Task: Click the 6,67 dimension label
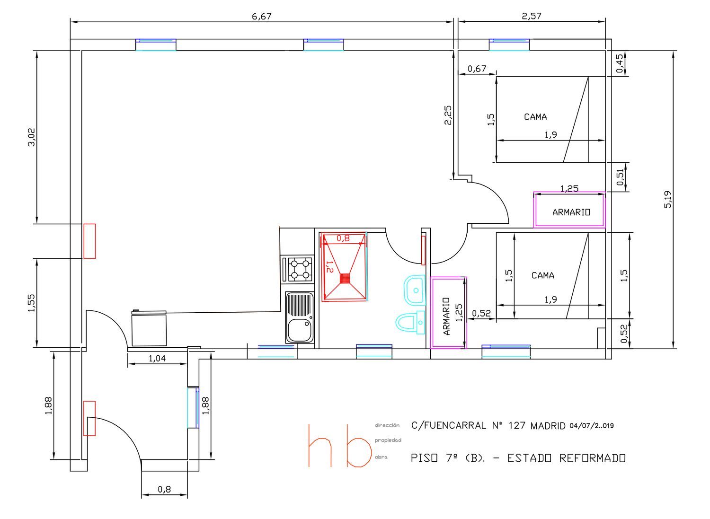(261, 16)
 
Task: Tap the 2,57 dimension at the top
(532, 16)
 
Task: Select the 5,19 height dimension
(667, 199)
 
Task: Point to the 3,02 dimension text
(32, 137)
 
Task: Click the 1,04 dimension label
(157, 358)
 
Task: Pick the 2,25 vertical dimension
(448, 115)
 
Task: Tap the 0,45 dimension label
(620, 63)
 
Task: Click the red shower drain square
(345, 279)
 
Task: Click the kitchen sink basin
(299, 330)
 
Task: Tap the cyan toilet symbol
(410, 322)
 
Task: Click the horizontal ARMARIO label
(571, 212)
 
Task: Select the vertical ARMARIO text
(446, 316)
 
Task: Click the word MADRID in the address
(548, 425)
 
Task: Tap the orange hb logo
(340, 446)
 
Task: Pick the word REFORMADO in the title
(592, 458)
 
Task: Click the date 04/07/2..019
(592, 425)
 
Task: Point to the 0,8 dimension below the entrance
(164, 490)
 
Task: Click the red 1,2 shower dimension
(329, 267)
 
